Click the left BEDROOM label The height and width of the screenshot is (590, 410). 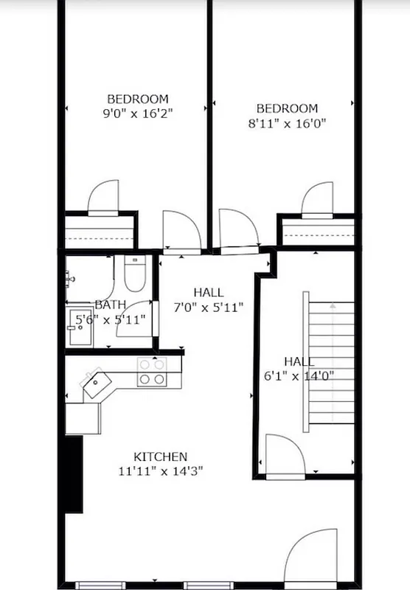138,99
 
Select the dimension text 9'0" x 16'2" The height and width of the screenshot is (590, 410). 138,114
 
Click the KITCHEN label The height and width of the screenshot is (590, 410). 160,457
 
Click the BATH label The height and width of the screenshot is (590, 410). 110,305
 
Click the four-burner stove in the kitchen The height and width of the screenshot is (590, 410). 151,372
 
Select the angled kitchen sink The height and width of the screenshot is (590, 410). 95,384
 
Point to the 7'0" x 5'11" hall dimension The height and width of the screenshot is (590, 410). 208,307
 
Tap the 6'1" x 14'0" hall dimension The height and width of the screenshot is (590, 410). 299,375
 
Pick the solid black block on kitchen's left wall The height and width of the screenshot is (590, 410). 74,473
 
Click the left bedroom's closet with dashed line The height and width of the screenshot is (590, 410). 99,231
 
